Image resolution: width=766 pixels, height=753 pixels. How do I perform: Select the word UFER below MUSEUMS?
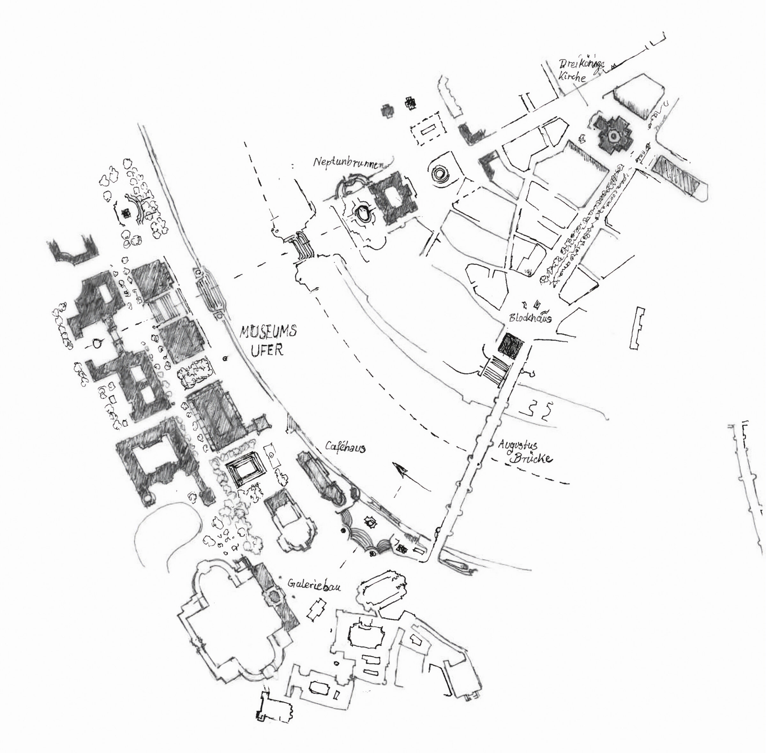[268, 350]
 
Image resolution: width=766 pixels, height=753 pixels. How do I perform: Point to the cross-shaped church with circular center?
[613, 137]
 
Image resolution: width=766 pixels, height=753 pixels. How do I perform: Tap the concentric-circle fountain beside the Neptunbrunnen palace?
[439, 173]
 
